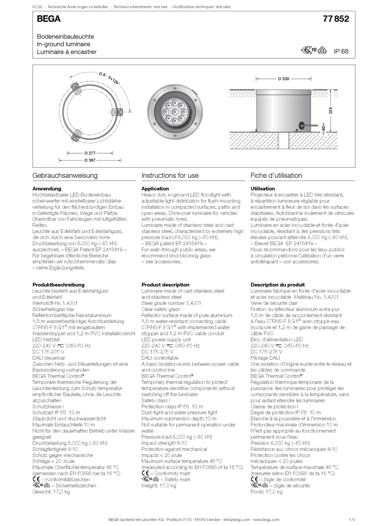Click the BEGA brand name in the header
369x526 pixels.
pos(49,19)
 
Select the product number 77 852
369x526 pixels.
pos(336,19)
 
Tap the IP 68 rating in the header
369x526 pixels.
pos(341,51)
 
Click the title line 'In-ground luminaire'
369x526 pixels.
pos(63,44)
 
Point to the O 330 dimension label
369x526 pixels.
pos(283,79)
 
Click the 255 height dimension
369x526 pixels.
pos(331,110)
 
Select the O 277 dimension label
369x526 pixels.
pos(90,153)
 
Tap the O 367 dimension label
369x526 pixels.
pos(90,160)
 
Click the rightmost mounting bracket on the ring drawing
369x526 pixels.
pos(117,112)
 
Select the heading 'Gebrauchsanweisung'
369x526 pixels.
pos(65,175)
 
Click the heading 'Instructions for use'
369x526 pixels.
pos(170,175)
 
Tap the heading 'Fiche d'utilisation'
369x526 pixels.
pos(276,175)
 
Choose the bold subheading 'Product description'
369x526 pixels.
pos(165,285)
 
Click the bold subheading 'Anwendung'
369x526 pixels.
pos(47,189)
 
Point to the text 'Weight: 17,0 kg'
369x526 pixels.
pos(158,486)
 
